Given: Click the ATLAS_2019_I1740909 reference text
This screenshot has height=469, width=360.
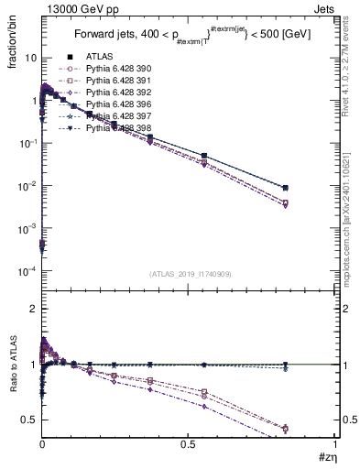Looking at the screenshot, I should (x=190, y=274).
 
